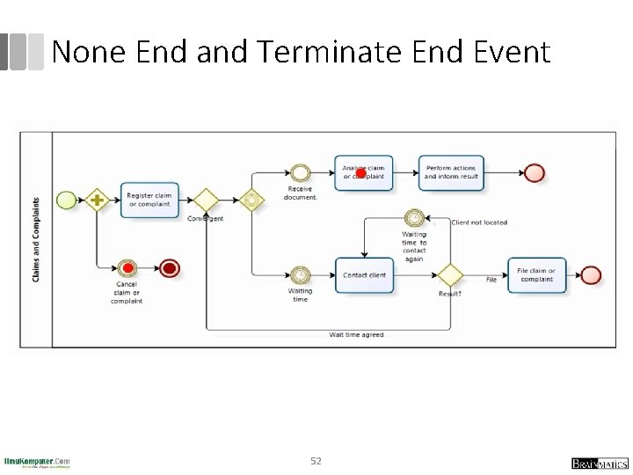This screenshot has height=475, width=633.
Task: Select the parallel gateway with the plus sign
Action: click(x=96, y=200)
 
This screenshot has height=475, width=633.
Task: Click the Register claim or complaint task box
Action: click(x=149, y=200)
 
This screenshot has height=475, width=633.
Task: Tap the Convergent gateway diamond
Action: click(x=205, y=200)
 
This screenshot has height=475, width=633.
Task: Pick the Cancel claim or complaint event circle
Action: click(x=127, y=267)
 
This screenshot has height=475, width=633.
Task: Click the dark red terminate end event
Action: click(x=170, y=267)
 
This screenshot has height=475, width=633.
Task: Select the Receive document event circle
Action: click(x=301, y=172)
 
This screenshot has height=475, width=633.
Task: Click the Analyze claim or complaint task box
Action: click(x=364, y=172)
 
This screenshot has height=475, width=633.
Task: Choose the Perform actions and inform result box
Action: click(x=451, y=172)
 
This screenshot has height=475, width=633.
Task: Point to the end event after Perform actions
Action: click(x=534, y=172)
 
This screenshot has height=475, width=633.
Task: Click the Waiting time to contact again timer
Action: click(x=414, y=217)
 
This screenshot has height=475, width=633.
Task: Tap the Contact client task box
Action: click(x=364, y=274)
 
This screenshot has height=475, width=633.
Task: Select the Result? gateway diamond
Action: click(x=450, y=274)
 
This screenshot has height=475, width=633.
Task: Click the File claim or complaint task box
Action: click(x=536, y=274)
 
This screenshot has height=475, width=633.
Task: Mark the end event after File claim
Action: click(x=591, y=274)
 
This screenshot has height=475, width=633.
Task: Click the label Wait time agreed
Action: click(x=356, y=334)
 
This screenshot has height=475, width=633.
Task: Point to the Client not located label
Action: click(x=479, y=223)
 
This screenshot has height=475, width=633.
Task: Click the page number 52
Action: click(x=316, y=460)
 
